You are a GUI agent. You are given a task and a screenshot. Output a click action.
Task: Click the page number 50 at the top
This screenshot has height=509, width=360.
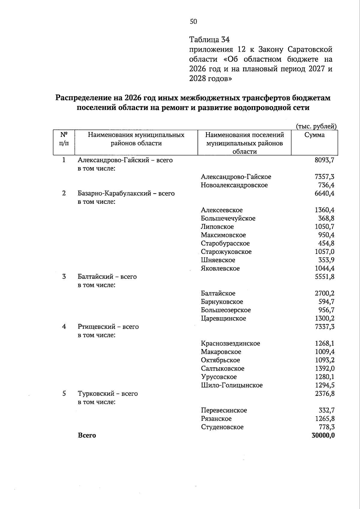(x=193, y=21)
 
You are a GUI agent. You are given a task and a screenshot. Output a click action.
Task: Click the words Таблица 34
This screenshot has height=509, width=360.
(x=209, y=40)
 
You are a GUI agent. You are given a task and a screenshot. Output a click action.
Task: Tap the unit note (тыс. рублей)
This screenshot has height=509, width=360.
(x=316, y=126)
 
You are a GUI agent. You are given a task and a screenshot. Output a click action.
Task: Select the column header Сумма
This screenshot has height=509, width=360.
(x=314, y=135)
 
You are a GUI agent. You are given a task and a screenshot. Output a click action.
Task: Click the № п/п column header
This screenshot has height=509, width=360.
(x=64, y=139)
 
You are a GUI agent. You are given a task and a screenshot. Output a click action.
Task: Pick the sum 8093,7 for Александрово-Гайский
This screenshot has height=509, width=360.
(x=324, y=160)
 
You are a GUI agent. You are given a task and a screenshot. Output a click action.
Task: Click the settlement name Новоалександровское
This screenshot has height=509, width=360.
(x=234, y=185)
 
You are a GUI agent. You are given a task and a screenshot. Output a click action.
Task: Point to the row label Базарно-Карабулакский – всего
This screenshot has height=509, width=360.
(x=126, y=194)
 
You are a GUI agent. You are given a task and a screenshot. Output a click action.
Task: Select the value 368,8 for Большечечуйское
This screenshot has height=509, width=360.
(x=326, y=218)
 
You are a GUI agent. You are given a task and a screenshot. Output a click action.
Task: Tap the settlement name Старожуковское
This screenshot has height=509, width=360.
(x=226, y=252)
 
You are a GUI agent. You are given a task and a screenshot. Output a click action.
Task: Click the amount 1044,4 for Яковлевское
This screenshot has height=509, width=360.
(x=324, y=269)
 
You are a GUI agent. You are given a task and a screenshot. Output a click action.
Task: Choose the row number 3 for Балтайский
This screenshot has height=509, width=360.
(x=64, y=277)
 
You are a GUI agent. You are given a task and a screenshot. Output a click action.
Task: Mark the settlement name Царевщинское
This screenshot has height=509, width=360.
(x=223, y=318)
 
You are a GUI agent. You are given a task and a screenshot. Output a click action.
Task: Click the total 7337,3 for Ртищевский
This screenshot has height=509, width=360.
(x=324, y=327)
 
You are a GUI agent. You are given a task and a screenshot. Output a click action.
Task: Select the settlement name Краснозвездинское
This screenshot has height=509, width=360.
(x=230, y=344)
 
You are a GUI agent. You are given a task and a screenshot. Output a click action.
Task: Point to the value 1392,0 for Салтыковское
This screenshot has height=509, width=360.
(x=324, y=369)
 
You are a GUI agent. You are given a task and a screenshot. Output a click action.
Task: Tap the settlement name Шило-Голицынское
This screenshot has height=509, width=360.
(x=232, y=385)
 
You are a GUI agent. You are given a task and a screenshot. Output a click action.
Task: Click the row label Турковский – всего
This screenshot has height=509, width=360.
(x=108, y=394)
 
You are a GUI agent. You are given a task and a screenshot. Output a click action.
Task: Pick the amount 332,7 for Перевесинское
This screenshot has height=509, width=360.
(x=326, y=410)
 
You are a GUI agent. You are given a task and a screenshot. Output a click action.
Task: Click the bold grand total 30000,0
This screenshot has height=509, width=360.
(x=323, y=435)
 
